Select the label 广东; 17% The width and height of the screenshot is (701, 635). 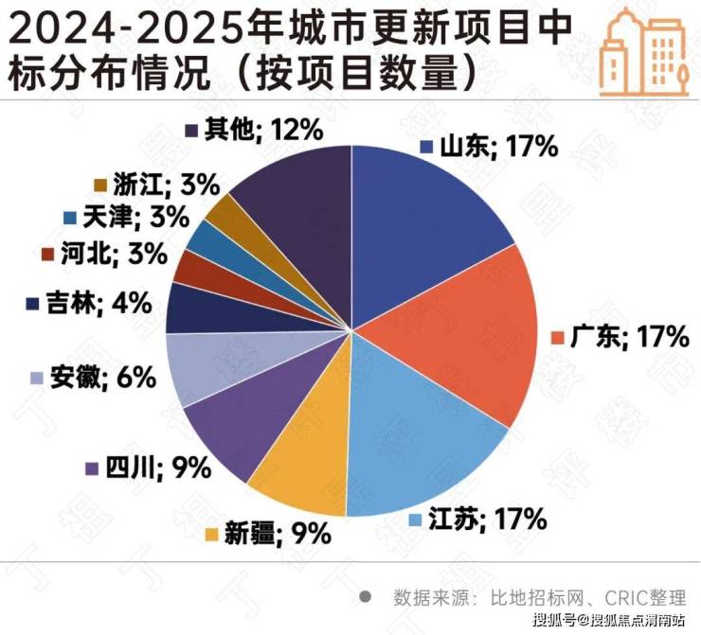[x=621, y=336]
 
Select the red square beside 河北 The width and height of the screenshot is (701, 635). [x=47, y=254]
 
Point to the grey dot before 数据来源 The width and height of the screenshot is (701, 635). [x=365, y=598]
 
